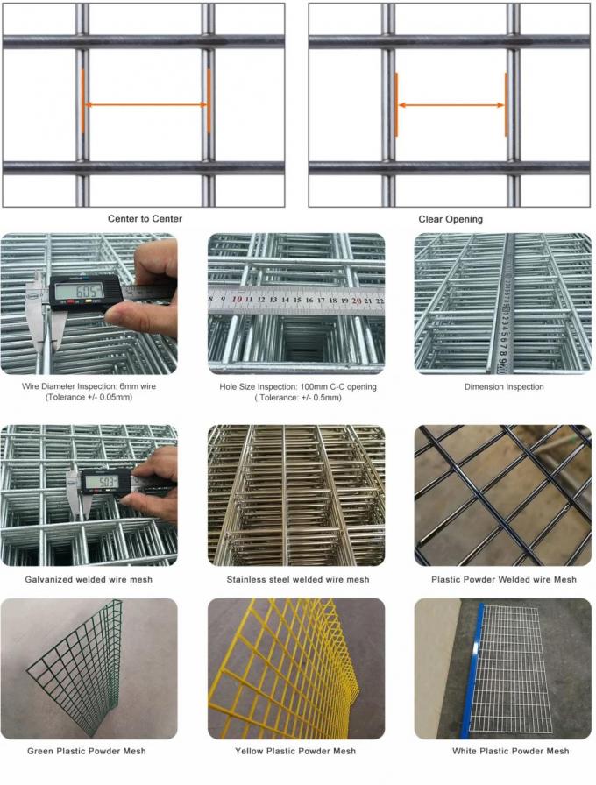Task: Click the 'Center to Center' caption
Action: pyautogui.click(x=145, y=218)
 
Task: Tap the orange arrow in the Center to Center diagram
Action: pyautogui.click(x=145, y=105)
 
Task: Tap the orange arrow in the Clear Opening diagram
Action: pyautogui.click(x=451, y=105)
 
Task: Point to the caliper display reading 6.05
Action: pyautogui.click(x=77, y=289)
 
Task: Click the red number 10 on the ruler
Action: pyautogui.click(x=238, y=300)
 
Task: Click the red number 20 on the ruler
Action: pyautogui.click(x=356, y=300)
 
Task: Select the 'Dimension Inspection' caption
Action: pyautogui.click(x=503, y=386)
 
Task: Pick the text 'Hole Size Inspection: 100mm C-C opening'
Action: pyautogui.click(x=296, y=386)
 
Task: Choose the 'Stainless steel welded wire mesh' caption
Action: pyautogui.click(x=296, y=579)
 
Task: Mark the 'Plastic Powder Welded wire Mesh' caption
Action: pyautogui.click(x=503, y=579)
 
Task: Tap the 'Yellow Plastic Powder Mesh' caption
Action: pyautogui.click(x=296, y=751)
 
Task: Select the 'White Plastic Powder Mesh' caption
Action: pyautogui.click(x=503, y=751)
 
